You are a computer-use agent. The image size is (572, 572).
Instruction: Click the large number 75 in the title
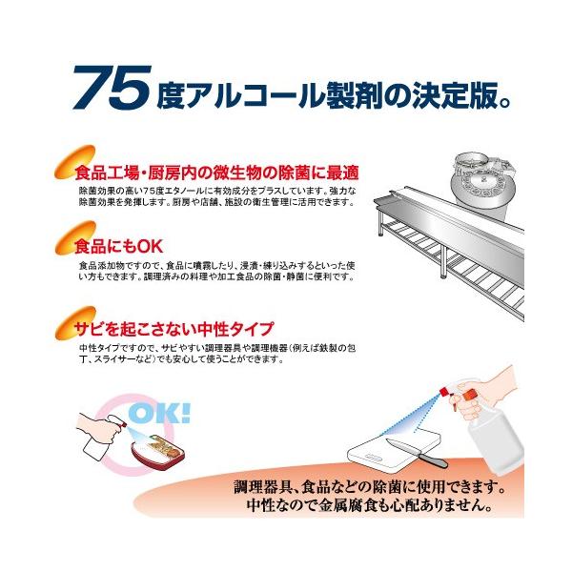tap(112, 87)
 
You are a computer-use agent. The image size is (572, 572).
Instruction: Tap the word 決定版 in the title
tap(455, 95)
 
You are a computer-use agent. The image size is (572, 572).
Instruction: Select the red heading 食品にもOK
tap(118, 247)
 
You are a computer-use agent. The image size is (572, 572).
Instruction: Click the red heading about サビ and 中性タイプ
tap(174, 329)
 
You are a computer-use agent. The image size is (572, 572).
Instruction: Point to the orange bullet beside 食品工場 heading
tap(74, 162)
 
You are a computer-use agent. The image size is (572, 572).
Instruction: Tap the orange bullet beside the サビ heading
tap(74, 322)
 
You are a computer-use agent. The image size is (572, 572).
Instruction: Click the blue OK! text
tap(160, 413)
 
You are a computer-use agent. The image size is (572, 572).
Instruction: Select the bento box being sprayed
tap(158, 450)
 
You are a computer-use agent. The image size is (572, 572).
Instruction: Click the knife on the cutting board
tap(416, 451)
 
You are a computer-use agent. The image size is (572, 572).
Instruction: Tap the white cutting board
tap(393, 452)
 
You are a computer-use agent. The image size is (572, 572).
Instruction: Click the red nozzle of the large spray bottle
tap(444, 392)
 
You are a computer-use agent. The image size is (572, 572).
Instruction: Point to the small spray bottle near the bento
tap(98, 440)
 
